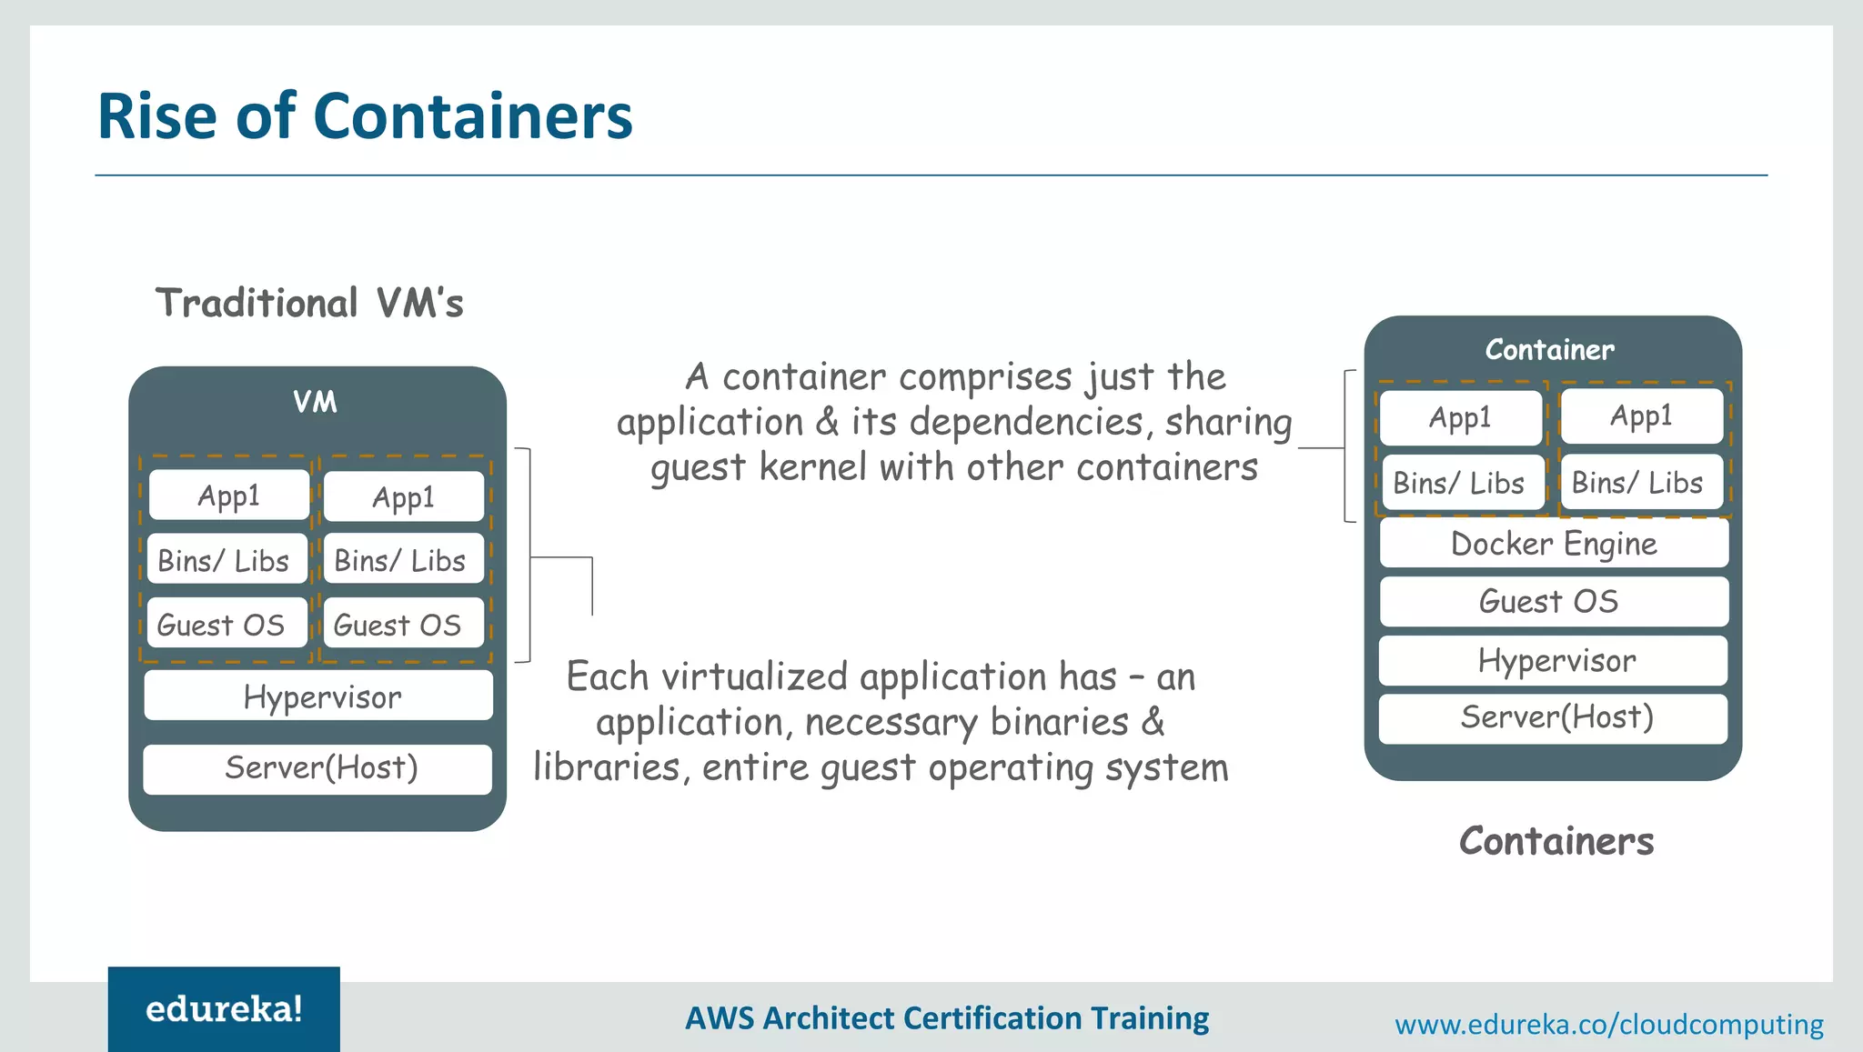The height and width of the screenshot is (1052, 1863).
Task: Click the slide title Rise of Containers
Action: (364, 116)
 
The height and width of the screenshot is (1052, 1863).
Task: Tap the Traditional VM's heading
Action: (309, 303)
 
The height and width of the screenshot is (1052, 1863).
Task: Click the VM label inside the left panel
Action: (315, 402)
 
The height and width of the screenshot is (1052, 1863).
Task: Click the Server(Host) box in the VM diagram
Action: (318, 768)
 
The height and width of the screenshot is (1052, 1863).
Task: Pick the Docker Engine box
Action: (1554, 544)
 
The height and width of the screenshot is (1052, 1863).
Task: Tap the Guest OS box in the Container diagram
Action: (1554, 601)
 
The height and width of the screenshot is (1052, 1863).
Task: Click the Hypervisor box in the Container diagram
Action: (1554, 660)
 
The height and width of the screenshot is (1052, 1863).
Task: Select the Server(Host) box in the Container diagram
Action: (1554, 718)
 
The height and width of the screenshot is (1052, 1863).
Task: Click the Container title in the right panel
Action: (1550, 349)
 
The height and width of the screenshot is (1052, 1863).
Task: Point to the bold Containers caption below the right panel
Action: (1556, 841)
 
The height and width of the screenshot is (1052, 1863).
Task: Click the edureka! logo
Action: (224, 1009)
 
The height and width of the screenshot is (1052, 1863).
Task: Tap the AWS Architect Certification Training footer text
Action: (947, 1018)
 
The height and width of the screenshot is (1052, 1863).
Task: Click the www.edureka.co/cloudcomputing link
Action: (1608, 1025)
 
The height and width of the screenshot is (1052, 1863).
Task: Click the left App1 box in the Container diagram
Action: (1460, 417)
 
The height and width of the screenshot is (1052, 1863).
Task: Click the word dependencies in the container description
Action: (1026, 423)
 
